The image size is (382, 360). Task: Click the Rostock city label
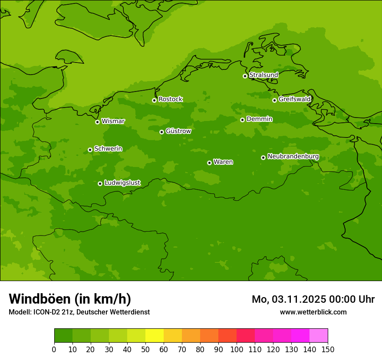point(170,99)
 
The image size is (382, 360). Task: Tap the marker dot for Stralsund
point(245,76)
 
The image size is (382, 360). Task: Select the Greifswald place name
point(294,99)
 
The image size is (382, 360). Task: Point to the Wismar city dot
point(97,122)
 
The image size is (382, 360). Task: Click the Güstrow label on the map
point(178,131)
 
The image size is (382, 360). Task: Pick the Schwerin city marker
point(90,150)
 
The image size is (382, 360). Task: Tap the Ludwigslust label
point(122,183)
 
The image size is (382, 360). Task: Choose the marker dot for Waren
point(209,163)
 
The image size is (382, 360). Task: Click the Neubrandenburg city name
point(293,157)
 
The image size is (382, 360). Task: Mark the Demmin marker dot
point(242,120)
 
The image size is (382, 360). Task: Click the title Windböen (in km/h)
point(69,299)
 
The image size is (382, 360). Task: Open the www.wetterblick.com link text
point(313,312)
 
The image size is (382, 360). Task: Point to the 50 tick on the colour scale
point(145,349)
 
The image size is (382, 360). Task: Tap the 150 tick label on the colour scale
point(328,349)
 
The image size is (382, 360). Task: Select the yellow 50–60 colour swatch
point(155,336)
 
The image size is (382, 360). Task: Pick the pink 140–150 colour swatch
point(319,336)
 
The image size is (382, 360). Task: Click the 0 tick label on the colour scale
point(54,349)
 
